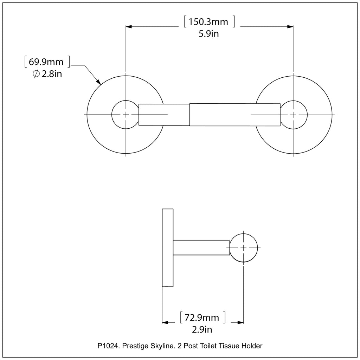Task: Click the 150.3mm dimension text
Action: coord(208,22)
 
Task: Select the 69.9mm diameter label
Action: coord(46,62)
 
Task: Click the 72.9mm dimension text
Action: coord(202,318)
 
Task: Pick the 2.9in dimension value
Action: coord(202,330)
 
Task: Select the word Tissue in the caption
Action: coord(229,346)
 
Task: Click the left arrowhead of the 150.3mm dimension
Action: coord(129,27)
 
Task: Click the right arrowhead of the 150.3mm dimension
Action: coord(290,27)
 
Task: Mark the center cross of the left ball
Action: coord(126,115)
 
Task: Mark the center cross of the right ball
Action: coord(293,115)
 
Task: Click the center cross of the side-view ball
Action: coord(244,247)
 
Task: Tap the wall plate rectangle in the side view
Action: coord(168,247)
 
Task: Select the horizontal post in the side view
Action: coord(201,247)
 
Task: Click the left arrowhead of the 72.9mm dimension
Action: coord(165,322)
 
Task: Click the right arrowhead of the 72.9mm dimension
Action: coord(240,322)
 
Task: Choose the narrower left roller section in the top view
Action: coord(164,115)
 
